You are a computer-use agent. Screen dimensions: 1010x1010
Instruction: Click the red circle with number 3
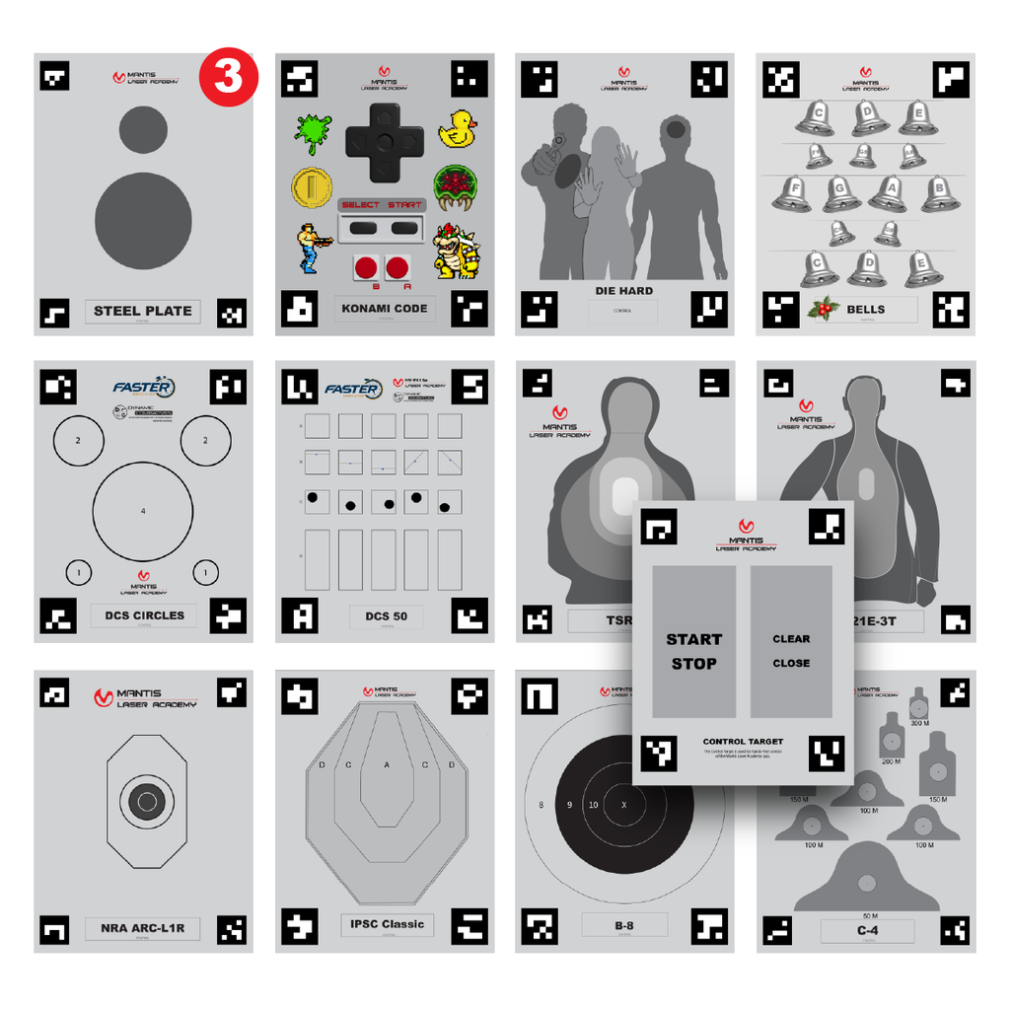pyautogui.click(x=228, y=77)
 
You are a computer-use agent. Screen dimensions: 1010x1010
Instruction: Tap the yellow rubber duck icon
pyautogui.click(x=457, y=129)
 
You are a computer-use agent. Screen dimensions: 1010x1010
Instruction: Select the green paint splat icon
pyautogui.click(x=313, y=131)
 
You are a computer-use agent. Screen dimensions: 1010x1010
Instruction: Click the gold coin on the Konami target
pyautogui.click(x=311, y=186)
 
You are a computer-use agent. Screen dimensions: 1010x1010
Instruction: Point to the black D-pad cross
pyautogui.click(x=385, y=143)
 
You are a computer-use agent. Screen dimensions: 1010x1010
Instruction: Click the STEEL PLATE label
pyautogui.click(x=143, y=311)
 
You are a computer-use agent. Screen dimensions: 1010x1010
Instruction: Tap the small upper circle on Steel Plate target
pyautogui.click(x=143, y=129)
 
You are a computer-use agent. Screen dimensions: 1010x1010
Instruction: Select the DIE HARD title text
pyautogui.click(x=623, y=291)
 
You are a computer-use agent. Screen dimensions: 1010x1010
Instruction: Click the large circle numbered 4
pyautogui.click(x=143, y=510)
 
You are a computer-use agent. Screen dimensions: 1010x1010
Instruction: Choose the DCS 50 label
pyautogui.click(x=386, y=616)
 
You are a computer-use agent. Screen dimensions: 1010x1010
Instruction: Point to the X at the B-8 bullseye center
pyautogui.click(x=622, y=805)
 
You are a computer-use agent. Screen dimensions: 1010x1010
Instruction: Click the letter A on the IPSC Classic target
pyautogui.click(x=386, y=764)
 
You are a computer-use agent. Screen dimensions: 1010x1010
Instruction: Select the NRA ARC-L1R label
pyautogui.click(x=143, y=928)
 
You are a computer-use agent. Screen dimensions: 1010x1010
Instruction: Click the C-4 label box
pyautogui.click(x=867, y=930)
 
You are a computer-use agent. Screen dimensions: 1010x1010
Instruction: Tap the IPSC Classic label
pyautogui.click(x=387, y=924)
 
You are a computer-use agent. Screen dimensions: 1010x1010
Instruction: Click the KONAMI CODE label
pyautogui.click(x=385, y=308)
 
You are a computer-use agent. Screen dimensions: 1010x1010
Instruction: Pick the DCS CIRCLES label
pyautogui.click(x=144, y=615)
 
